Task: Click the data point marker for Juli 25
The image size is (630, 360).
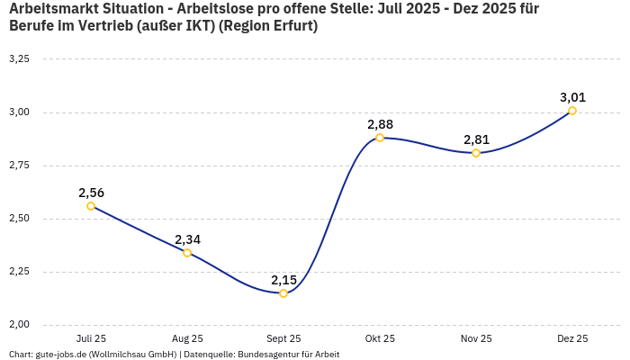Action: point(91,206)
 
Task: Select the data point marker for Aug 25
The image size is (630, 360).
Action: point(187,253)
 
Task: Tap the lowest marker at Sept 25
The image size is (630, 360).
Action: point(283,293)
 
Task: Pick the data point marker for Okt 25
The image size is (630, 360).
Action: point(380,138)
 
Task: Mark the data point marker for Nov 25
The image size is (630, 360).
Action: point(476,153)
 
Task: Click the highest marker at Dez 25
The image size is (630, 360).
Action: point(572,111)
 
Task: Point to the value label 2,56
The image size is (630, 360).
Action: point(91,193)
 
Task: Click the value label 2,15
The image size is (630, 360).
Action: point(283,280)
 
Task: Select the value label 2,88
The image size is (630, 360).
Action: point(380,124)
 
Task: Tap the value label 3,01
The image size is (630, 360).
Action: point(572,97)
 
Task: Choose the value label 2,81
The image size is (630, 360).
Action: point(476,139)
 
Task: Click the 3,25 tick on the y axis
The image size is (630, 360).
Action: point(19,59)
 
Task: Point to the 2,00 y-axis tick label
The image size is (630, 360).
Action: point(19,325)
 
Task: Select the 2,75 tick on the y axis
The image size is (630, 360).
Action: point(19,166)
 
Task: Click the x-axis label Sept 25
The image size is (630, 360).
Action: point(283,339)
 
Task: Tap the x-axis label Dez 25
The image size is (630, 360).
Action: point(572,339)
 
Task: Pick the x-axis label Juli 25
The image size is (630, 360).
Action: point(91,339)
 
